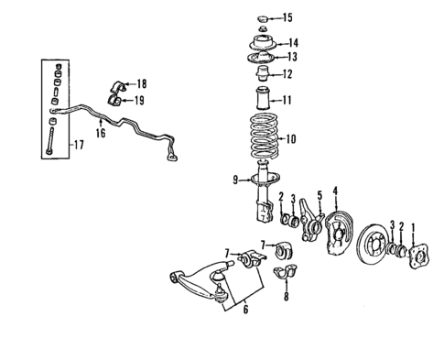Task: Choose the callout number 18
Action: point(140,83)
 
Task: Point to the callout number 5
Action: point(319,195)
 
